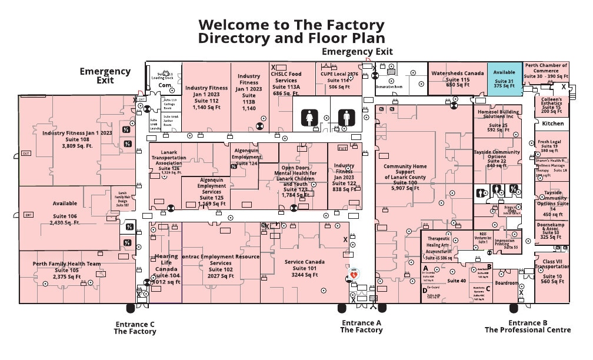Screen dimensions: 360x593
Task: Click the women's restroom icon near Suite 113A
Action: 310,118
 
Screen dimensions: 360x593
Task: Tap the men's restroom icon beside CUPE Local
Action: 347,118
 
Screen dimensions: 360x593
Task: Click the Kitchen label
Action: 552,124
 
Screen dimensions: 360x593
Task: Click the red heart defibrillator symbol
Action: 354,274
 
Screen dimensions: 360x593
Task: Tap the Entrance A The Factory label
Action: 361,326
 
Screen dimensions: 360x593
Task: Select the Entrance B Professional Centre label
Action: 528,326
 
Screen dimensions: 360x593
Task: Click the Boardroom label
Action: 507,283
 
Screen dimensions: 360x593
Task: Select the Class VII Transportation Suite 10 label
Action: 552,271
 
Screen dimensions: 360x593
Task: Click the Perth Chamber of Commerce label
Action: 547,71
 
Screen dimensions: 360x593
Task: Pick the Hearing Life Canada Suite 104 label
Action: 166,269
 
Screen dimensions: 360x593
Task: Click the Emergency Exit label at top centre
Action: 357,52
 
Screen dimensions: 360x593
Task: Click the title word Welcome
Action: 229,25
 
